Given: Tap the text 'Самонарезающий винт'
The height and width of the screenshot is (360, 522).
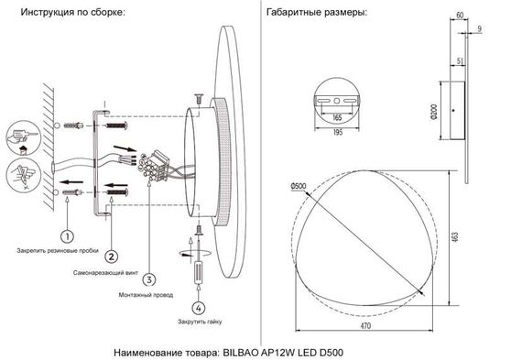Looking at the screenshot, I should tap(101, 273).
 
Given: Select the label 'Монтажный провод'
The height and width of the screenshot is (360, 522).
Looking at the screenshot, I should tap(146, 295).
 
